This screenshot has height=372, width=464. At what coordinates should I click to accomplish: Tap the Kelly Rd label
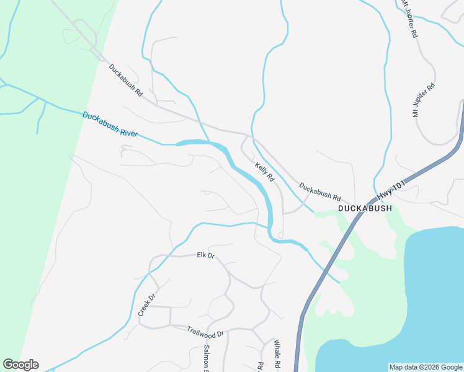tap(264, 172)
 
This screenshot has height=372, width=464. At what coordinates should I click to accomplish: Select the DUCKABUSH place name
tap(365, 209)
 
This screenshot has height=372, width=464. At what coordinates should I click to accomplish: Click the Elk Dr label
tap(205, 255)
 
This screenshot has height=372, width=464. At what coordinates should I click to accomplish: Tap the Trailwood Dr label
tap(204, 329)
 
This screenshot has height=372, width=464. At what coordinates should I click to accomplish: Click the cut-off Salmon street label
tap(207, 359)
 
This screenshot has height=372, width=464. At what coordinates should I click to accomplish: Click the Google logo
tap(20, 365)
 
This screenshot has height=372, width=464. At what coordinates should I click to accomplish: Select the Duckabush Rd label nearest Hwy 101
tap(320, 192)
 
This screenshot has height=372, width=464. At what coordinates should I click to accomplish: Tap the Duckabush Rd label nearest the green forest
tap(126, 80)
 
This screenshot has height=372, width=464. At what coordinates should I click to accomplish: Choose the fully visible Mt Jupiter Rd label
tap(424, 99)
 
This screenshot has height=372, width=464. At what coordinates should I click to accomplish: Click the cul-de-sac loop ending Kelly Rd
tap(282, 235)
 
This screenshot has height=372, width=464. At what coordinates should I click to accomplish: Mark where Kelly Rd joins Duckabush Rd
tap(248, 135)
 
